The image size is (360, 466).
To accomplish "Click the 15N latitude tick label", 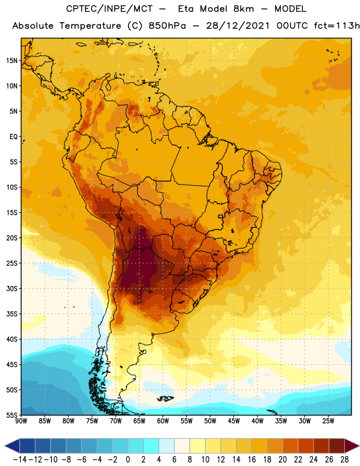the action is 12,61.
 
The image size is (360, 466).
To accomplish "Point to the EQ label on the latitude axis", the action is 13,137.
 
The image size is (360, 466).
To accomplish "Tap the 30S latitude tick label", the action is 12,288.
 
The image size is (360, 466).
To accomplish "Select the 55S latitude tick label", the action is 12,415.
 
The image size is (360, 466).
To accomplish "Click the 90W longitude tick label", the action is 21,421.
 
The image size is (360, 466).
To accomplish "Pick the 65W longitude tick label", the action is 139,421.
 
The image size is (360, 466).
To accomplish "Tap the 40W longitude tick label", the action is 257,421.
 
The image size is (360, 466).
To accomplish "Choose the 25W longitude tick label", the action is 328,421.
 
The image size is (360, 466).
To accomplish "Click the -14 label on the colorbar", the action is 20,460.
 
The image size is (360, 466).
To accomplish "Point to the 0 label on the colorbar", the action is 128,460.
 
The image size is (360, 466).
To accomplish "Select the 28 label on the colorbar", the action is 344,460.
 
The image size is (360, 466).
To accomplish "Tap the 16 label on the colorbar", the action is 252,460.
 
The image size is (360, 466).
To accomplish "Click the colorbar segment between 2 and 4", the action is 151,446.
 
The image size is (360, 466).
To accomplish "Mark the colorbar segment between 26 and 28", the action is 337,446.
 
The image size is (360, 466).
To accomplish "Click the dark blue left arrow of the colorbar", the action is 12,446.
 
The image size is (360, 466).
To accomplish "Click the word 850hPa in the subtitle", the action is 167,26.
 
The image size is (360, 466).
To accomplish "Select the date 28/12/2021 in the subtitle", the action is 238,26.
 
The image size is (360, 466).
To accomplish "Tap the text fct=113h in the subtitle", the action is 337,26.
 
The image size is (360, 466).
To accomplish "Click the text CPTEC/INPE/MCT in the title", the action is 110,9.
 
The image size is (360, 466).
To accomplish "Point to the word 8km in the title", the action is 243,9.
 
